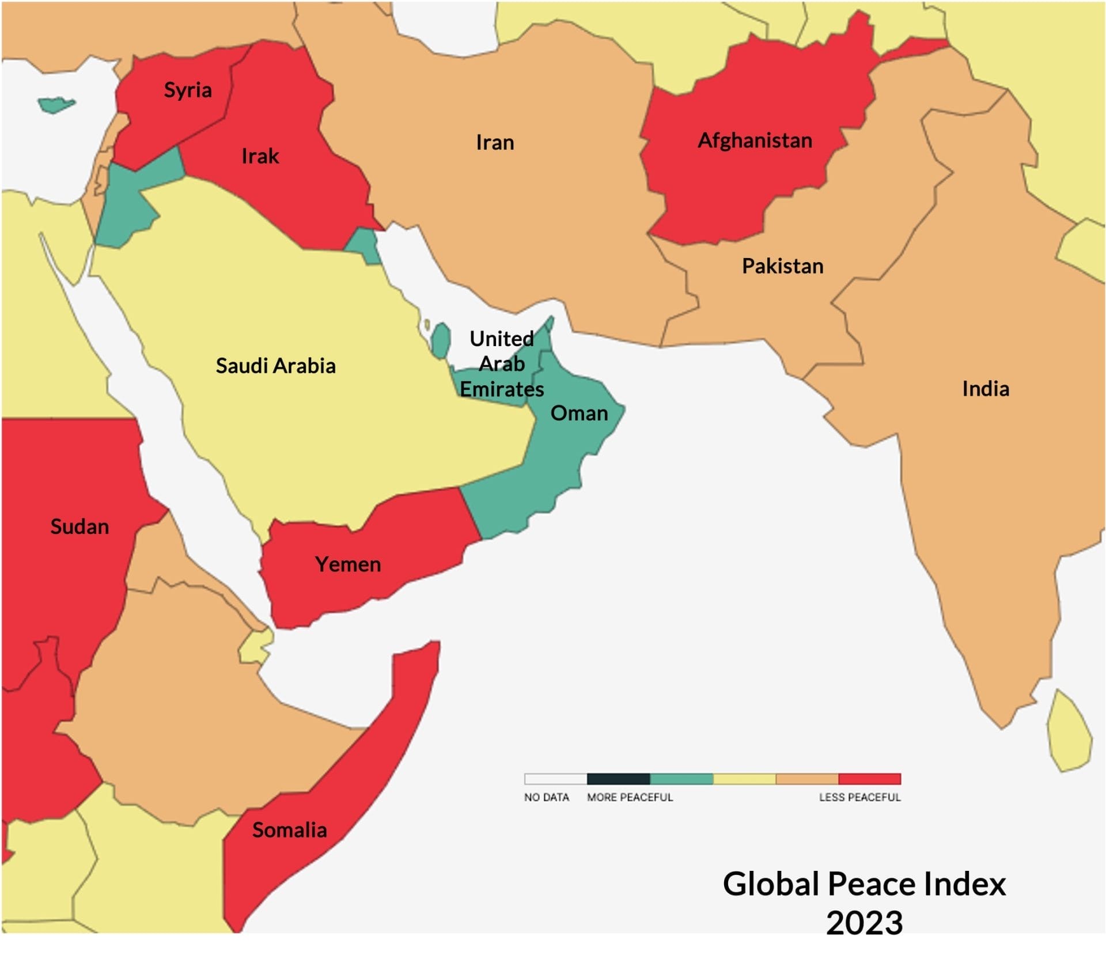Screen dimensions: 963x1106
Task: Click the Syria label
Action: click(x=188, y=90)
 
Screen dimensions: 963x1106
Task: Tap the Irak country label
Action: click(x=260, y=156)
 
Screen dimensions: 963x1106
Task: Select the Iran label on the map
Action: click(x=495, y=142)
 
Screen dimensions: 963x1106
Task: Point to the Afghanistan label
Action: click(x=755, y=141)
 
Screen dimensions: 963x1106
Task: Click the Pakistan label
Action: click(x=782, y=266)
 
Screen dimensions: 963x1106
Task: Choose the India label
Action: click(x=985, y=389)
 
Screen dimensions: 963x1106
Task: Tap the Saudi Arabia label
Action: click(x=275, y=366)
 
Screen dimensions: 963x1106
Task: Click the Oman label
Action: click(x=579, y=413)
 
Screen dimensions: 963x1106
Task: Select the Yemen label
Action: click(x=348, y=564)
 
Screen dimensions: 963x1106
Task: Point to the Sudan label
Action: click(x=79, y=526)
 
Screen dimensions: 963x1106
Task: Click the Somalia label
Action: click(x=289, y=830)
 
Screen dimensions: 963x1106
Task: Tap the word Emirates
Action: click(x=502, y=389)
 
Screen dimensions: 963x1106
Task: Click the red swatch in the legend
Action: click(x=869, y=779)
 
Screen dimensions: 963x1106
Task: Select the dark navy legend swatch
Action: click(x=618, y=779)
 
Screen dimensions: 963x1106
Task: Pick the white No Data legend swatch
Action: click(x=555, y=779)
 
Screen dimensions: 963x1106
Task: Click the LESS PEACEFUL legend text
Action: click(x=859, y=798)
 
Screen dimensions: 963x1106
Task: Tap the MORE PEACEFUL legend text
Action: click(x=630, y=798)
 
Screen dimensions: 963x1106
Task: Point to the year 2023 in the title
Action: click(x=864, y=923)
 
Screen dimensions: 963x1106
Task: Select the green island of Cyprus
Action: click(x=56, y=105)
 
